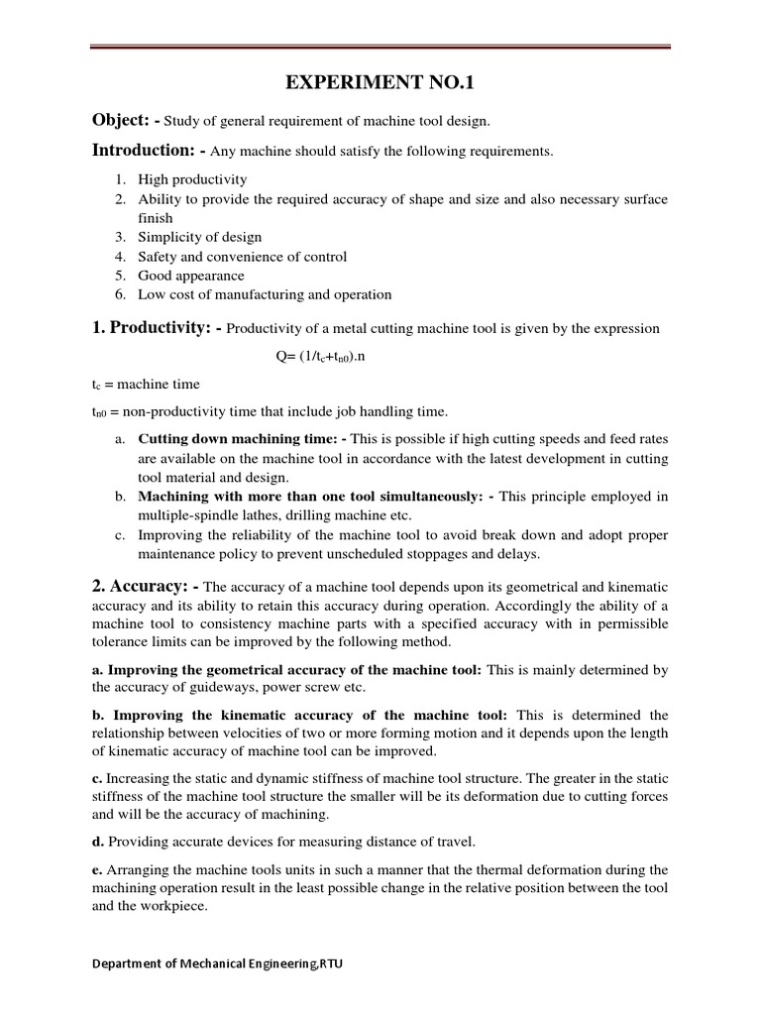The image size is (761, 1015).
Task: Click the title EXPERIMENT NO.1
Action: coord(380,82)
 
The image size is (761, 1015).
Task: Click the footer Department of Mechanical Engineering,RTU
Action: coord(219,963)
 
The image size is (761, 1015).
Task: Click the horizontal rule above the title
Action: coord(380,46)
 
